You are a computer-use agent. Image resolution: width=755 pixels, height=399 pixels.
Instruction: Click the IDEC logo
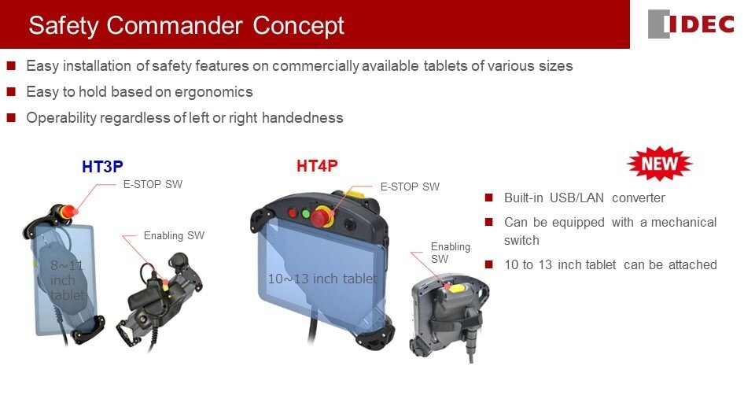pos(691,24)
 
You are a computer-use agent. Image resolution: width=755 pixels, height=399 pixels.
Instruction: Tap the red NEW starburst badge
pos(659,164)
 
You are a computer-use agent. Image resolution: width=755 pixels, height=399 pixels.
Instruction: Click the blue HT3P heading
pos(102,167)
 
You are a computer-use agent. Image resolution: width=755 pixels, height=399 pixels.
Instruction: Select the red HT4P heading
pos(317,166)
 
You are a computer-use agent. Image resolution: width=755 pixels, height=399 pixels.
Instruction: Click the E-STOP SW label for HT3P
pos(153,185)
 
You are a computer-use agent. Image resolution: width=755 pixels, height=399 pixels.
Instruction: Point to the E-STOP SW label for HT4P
pos(410,187)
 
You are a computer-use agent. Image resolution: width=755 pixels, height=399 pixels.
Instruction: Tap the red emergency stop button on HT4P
pos(321,216)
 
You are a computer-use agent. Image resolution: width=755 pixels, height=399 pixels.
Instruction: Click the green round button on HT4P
pos(305,213)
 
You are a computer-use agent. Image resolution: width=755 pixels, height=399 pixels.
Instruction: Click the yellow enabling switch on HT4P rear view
pos(455,288)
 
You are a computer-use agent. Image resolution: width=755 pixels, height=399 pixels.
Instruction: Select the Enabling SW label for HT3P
pos(174,235)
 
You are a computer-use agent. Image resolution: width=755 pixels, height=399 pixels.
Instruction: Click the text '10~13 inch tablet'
pos(322,279)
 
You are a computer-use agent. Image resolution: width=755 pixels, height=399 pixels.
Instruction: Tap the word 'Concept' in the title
pos(299,25)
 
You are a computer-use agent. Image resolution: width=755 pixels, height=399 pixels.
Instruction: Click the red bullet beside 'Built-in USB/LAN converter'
pos(489,198)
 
